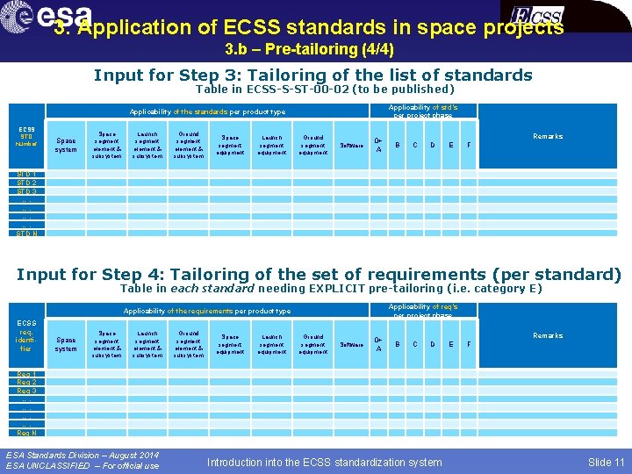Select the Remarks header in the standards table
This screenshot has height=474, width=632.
[x=548, y=136]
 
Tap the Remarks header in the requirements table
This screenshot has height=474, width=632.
[x=548, y=335]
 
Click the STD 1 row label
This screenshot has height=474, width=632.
[x=27, y=174]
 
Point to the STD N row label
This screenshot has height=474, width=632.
[x=27, y=233]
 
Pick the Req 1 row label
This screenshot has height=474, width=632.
[x=27, y=373]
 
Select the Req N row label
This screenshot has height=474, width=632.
[x=27, y=433]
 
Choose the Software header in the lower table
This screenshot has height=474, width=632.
[x=349, y=344]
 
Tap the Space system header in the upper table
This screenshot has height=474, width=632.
[x=66, y=145]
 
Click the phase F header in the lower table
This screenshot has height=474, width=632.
[x=469, y=344]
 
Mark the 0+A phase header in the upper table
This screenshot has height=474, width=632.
[x=378, y=145]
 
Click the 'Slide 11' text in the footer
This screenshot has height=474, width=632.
[x=606, y=462]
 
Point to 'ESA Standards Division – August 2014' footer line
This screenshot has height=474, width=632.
[x=83, y=455]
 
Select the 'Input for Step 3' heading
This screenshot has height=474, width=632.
[x=312, y=75]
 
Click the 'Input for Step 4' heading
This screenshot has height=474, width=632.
[x=319, y=275]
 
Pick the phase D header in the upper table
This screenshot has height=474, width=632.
[x=432, y=145]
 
